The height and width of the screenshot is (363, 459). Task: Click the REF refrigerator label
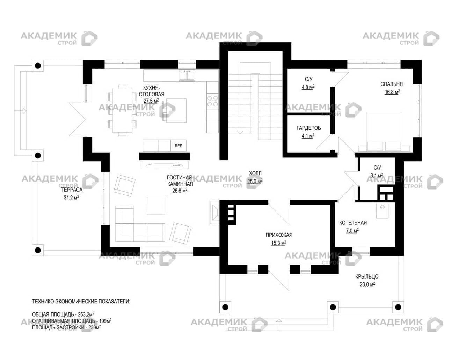(x=178, y=146)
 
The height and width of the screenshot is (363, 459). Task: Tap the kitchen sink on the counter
(x=187, y=76)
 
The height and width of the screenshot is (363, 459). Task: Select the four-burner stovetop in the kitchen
(x=213, y=101)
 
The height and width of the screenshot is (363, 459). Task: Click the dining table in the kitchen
(x=122, y=110)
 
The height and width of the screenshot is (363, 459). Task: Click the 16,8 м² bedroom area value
(x=392, y=92)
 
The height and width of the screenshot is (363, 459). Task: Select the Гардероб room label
(x=309, y=128)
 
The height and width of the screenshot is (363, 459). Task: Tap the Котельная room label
(x=353, y=223)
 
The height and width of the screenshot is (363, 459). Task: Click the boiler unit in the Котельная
(x=382, y=211)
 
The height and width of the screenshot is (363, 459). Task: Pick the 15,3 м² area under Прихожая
(x=278, y=243)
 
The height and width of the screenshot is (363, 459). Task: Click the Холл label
(x=255, y=173)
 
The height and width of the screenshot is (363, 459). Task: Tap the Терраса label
(x=72, y=190)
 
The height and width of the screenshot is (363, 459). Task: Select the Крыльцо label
(x=367, y=277)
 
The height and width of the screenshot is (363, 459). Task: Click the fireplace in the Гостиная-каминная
(x=214, y=212)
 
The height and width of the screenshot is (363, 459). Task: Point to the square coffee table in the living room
(x=156, y=206)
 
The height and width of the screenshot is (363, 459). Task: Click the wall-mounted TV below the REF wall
(x=165, y=165)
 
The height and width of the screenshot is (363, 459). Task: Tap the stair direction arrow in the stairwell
(x=240, y=132)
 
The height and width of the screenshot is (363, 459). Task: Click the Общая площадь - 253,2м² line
(x=63, y=314)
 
